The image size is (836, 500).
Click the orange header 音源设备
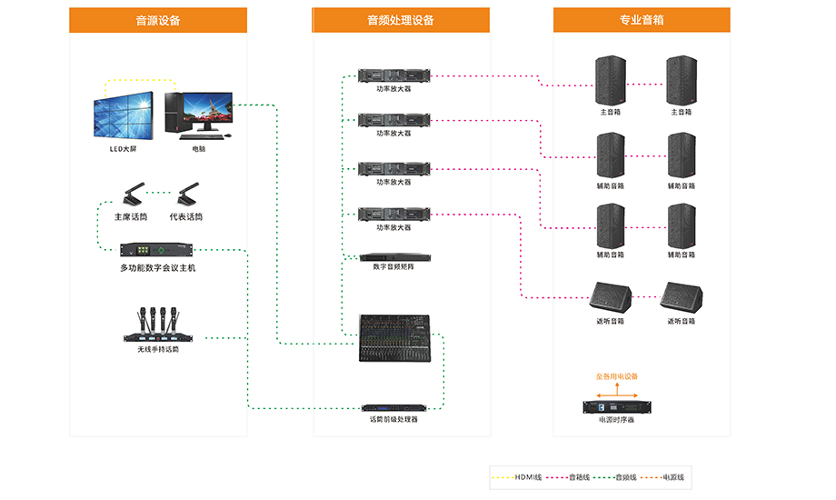click(157, 20)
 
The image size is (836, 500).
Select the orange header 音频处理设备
click(400, 20)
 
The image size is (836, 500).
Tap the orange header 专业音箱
click(641, 20)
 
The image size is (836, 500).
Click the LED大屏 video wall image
click(123, 115)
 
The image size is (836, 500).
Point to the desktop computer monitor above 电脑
click(207, 113)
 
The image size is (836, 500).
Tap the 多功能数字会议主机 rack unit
click(157, 249)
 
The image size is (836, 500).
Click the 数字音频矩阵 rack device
click(393, 257)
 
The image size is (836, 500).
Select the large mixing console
click(393, 339)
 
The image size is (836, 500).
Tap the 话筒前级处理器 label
click(393, 419)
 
